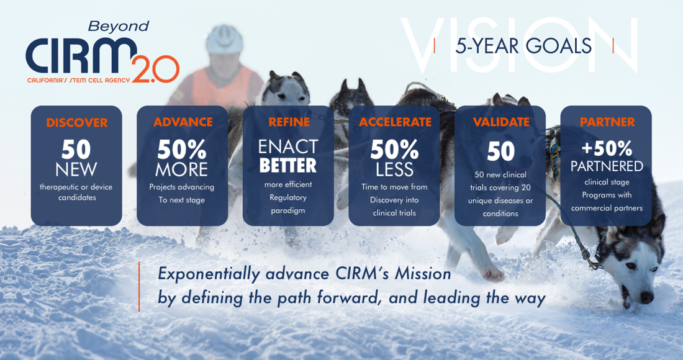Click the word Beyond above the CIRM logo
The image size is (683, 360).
(x=119, y=27)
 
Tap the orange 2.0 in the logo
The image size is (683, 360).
(x=155, y=70)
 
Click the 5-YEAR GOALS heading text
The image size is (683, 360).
(x=523, y=46)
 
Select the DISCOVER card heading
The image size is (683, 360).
(x=76, y=123)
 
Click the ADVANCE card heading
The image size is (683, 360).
(x=183, y=122)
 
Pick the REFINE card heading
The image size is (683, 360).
(x=288, y=122)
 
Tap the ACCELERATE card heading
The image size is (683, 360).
(x=395, y=122)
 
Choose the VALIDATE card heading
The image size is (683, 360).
(x=500, y=122)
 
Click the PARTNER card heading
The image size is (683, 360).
(x=607, y=122)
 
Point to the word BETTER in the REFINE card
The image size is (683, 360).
(x=288, y=166)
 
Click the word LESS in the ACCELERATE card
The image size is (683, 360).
(x=395, y=169)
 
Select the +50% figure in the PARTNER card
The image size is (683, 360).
(x=607, y=149)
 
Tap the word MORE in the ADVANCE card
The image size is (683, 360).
(x=182, y=169)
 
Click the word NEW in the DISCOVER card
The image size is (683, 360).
(x=76, y=169)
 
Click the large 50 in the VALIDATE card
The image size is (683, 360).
(x=500, y=151)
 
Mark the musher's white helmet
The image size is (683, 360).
(x=224, y=38)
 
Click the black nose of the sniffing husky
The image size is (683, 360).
(x=646, y=297)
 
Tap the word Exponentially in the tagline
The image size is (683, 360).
(x=209, y=274)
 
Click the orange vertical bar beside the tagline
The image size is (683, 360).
(x=139, y=286)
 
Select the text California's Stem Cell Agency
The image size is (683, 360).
(x=78, y=80)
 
